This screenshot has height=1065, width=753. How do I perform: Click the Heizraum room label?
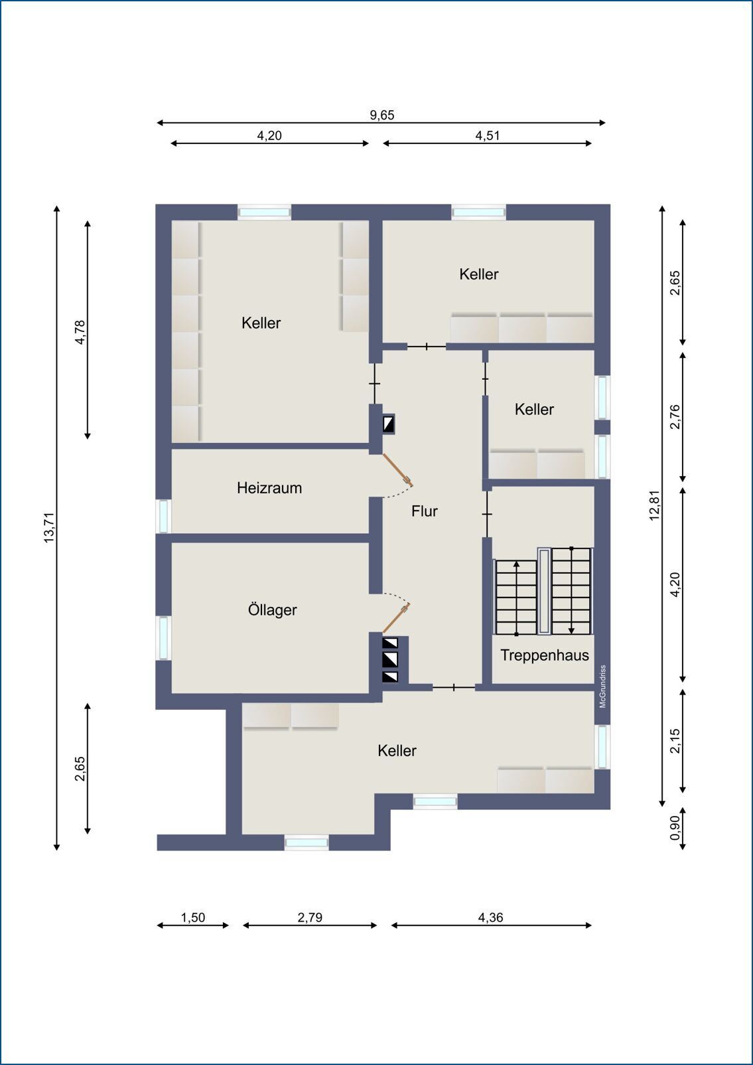[269, 488]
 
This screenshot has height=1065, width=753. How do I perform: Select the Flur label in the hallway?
[424, 511]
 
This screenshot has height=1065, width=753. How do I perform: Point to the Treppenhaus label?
[545, 655]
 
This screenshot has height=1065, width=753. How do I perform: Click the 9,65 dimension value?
[382, 115]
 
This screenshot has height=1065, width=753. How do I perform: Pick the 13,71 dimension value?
[49, 528]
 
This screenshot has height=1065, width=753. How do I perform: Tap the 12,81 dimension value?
[655, 505]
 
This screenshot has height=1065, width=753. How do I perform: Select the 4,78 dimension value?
[80, 332]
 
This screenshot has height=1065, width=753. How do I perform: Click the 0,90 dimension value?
[675, 828]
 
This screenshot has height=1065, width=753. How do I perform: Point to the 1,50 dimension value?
[193, 917]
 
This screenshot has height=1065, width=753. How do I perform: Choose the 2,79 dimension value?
[310, 917]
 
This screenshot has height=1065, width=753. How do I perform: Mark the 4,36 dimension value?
[490, 917]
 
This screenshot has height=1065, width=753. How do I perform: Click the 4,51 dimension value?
[488, 135]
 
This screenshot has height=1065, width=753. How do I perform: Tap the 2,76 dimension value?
[675, 416]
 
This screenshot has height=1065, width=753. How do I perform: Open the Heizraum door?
[397, 469]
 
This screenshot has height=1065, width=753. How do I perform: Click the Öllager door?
[396, 619]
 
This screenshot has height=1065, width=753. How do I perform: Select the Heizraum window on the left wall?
[163, 516]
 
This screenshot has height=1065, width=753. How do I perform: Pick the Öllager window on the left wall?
[163, 637]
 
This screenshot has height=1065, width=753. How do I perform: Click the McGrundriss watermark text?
[602, 687]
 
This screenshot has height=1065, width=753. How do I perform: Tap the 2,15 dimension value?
[675, 741]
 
